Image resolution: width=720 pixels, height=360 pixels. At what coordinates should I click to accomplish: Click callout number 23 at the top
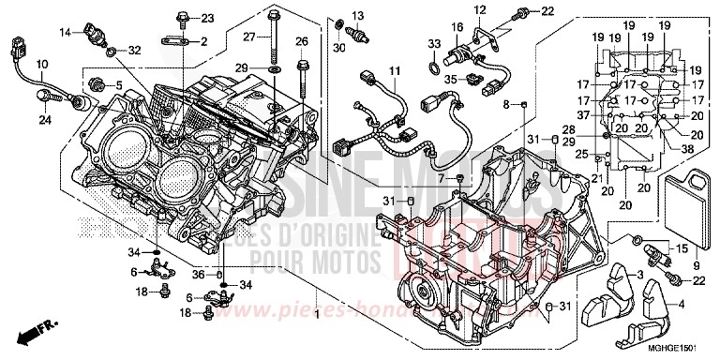coord(207,18)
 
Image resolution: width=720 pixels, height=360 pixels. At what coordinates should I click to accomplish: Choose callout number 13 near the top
coord(357,15)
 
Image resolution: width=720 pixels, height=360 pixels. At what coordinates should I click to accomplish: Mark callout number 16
coord(459,26)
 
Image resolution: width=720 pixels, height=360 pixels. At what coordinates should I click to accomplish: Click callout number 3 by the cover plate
coord(640,273)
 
